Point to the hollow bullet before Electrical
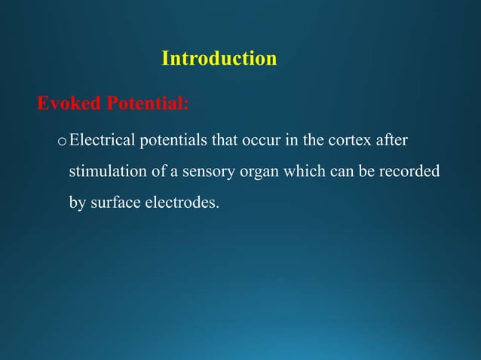[62, 141]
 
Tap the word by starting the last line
[76, 203]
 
